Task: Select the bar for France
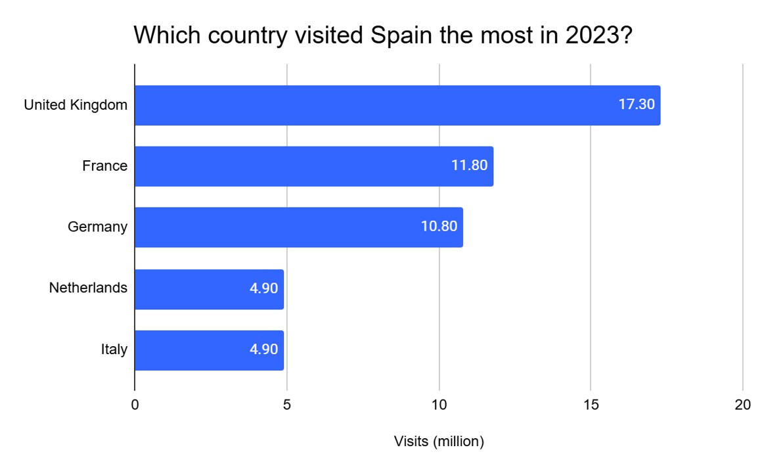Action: pyautogui.click(x=313, y=166)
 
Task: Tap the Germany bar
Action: pyautogui.click(x=298, y=227)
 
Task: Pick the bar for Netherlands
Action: pyautogui.click(x=209, y=288)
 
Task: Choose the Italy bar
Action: pyautogui.click(x=209, y=350)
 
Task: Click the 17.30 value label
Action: pyautogui.click(x=637, y=104)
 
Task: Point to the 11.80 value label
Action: pyautogui.click(x=469, y=166)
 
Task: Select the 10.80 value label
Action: pyautogui.click(x=439, y=227)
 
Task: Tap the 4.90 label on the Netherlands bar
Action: pyautogui.click(x=263, y=288)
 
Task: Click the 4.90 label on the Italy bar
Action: pyautogui.click(x=263, y=349)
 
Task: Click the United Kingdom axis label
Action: pyautogui.click(x=76, y=104)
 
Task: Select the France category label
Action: pyautogui.click(x=104, y=166)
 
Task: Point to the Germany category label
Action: pyautogui.click(x=97, y=227)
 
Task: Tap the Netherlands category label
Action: pyautogui.click(x=88, y=288)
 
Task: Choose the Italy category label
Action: pyautogui.click(x=114, y=349)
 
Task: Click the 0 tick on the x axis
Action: pyautogui.click(x=135, y=405)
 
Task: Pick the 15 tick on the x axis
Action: pyautogui.click(x=591, y=405)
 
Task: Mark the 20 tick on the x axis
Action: pyautogui.click(x=742, y=405)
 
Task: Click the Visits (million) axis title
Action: pyautogui.click(x=439, y=441)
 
